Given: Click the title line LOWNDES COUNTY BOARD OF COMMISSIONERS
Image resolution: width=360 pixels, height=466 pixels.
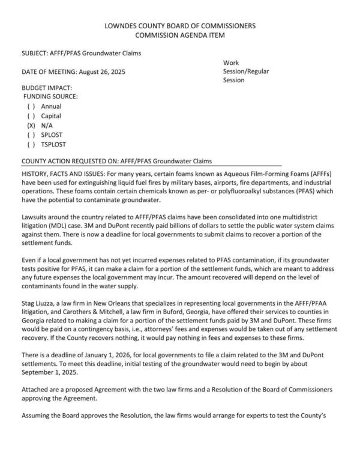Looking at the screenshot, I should (x=180, y=26).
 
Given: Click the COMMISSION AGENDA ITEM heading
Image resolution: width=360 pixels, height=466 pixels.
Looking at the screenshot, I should (x=180, y=35).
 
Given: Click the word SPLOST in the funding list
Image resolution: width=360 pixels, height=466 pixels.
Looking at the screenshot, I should (x=52, y=135).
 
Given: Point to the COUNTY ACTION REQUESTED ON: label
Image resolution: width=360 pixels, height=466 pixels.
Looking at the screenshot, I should (x=71, y=161).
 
